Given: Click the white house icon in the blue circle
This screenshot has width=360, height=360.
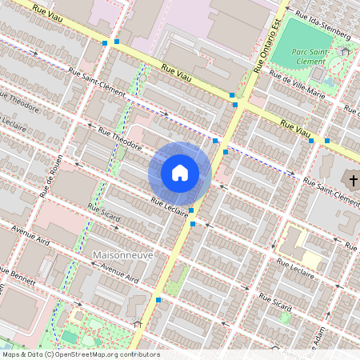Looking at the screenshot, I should tap(180, 172).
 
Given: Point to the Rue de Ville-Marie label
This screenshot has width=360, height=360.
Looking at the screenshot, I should tap(297, 84).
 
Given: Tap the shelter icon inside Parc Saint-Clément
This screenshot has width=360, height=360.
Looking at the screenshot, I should tap(345, 51).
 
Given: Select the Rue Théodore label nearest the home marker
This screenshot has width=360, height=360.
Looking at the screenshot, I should tap(120, 139).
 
